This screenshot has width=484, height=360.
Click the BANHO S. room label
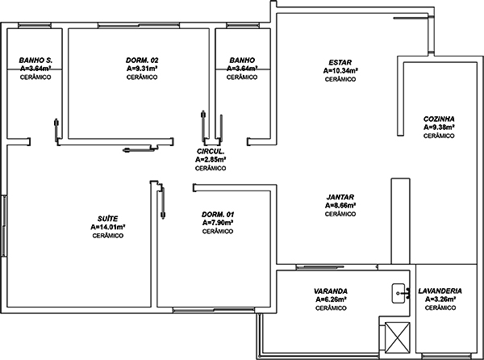pyautogui.click(x=35, y=61)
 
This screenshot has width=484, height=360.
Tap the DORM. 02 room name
pyautogui.click(x=142, y=61)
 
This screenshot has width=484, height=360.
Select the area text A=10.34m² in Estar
pyautogui.click(x=340, y=71)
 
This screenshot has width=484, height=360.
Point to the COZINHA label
pyautogui.click(x=439, y=119)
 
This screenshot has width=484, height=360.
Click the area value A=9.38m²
pyautogui.click(x=439, y=128)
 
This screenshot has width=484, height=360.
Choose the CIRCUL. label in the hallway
pyautogui.click(x=211, y=152)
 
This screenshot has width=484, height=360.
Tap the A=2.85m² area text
pyautogui.click(x=211, y=160)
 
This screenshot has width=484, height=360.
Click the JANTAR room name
pyautogui.click(x=340, y=197)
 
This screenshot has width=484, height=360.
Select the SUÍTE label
pyautogui.click(x=108, y=219)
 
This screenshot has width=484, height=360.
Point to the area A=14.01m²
pyautogui.click(x=108, y=228)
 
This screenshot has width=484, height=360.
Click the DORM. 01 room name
pyautogui.click(x=218, y=215)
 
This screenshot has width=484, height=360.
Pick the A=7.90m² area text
pyautogui.click(x=218, y=223)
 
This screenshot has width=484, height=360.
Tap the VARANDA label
pyautogui.click(x=331, y=291)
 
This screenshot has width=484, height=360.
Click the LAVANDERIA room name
pyautogui.click(x=440, y=291)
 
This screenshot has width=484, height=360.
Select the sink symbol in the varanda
pyautogui.click(x=401, y=293)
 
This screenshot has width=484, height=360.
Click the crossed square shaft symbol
pyautogui.click(x=398, y=337)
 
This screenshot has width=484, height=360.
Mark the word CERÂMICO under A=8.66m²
pyautogui.click(x=340, y=214)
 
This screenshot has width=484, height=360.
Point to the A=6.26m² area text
pyautogui.click(x=331, y=299)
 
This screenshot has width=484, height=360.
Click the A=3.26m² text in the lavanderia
pyautogui.click(x=440, y=299)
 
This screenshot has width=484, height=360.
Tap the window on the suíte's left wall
pyautogui.click(x=4, y=226)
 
